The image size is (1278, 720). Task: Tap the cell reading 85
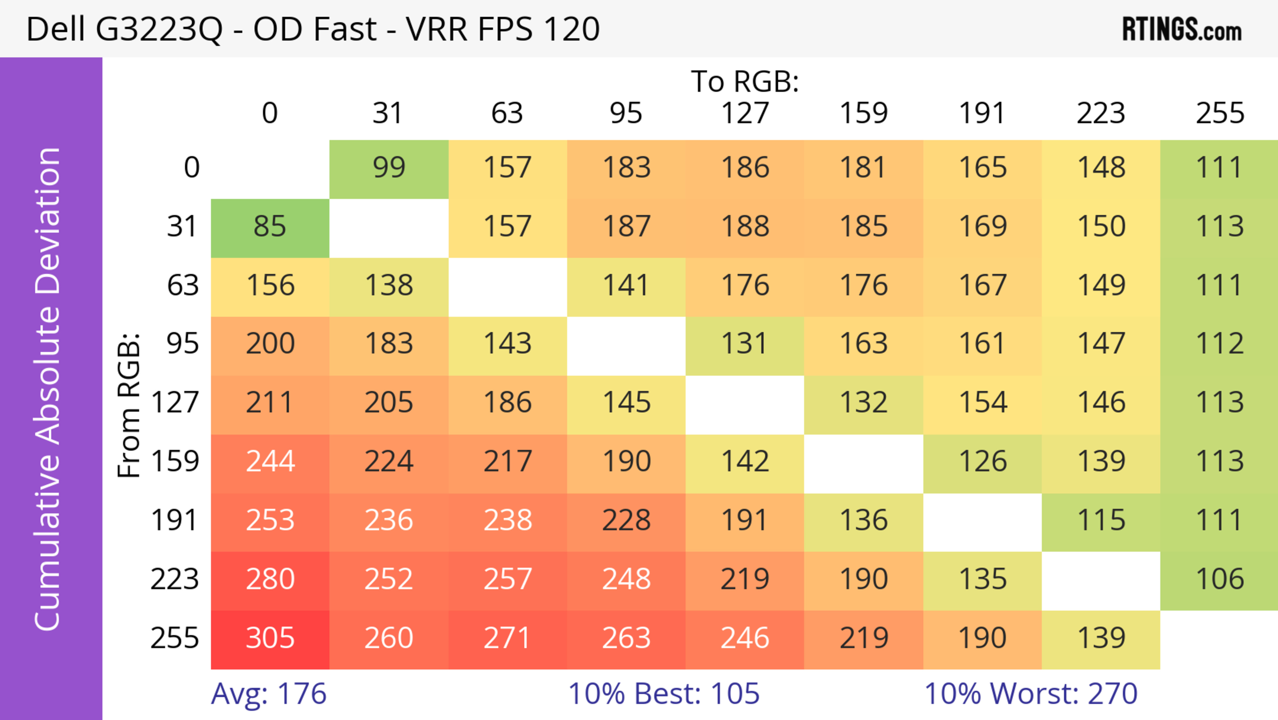pyautogui.click(x=270, y=227)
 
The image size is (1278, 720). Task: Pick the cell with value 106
pyautogui.click(x=1219, y=579)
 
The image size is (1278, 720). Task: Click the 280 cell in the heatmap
pyautogui.click(x=270, y=579)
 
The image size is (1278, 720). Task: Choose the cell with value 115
pyautogui.click(x=1101, y=521)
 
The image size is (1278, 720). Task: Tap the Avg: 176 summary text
pyautogui.click(x=268, y=694)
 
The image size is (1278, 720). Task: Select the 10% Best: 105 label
pyautogui.click(x=663, y=694)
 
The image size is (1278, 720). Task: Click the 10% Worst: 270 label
pyautogui.click(x=1030, y=694)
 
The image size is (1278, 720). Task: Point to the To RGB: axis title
pyautogui.click(x=745, y=81)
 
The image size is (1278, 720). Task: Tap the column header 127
pyautogui.click(x=745, y=113)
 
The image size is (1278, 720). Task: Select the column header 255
pyautogui.click(x=1219, y=113)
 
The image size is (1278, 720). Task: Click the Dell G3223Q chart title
pyautogui.click(x=313, y=29)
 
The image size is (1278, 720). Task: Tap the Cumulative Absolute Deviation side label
pyautogui.click(x=48, y=389)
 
